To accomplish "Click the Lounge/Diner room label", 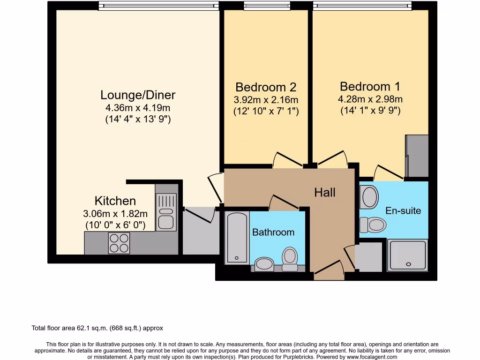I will coord(138,95).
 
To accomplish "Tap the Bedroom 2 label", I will coord(266,87).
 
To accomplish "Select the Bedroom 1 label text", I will coord(370,87).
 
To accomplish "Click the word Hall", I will coord(325,192).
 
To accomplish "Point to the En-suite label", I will coord(403,210).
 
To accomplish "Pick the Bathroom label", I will coord(273,232).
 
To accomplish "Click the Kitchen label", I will coord(115,201).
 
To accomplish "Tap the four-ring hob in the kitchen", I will coord(119,243).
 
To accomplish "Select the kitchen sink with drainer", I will coord(166,212).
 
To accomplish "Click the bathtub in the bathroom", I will coord(237,238).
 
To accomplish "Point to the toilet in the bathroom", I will coord(290,258).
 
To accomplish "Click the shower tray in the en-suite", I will coord(408,255).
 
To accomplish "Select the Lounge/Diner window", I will coord(158,6).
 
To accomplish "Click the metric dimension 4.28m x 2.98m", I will coord(370,99).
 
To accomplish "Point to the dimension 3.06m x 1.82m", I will coord(115,214).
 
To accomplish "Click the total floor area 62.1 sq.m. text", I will coord(97,328).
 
